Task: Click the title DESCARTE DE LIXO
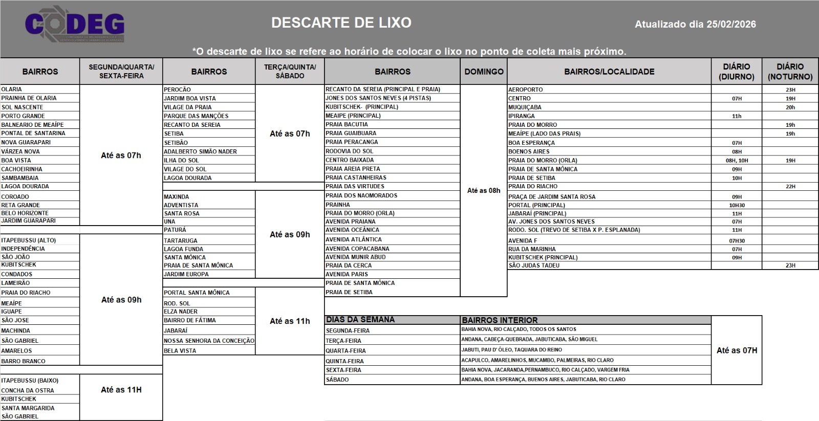point(341,23)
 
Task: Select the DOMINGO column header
point(484,72)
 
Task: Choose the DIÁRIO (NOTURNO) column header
point(790,72)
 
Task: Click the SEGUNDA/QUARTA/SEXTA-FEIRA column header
point(121,72)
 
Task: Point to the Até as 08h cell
point(484,190)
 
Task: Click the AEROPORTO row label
point(526,90)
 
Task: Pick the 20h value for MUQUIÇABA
point(790,107)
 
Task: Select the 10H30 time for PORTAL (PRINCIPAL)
point(737,205)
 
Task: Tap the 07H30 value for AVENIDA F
point(737,240)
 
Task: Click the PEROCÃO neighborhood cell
point(178,90)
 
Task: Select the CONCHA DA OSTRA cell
point(28,390)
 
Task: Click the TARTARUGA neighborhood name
point(181,240)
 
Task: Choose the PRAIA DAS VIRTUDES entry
point(355,186)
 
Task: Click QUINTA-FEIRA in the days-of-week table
point(344,361)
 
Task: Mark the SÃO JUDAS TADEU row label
point(534,265)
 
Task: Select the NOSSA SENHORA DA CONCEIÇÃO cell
point(209,341)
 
